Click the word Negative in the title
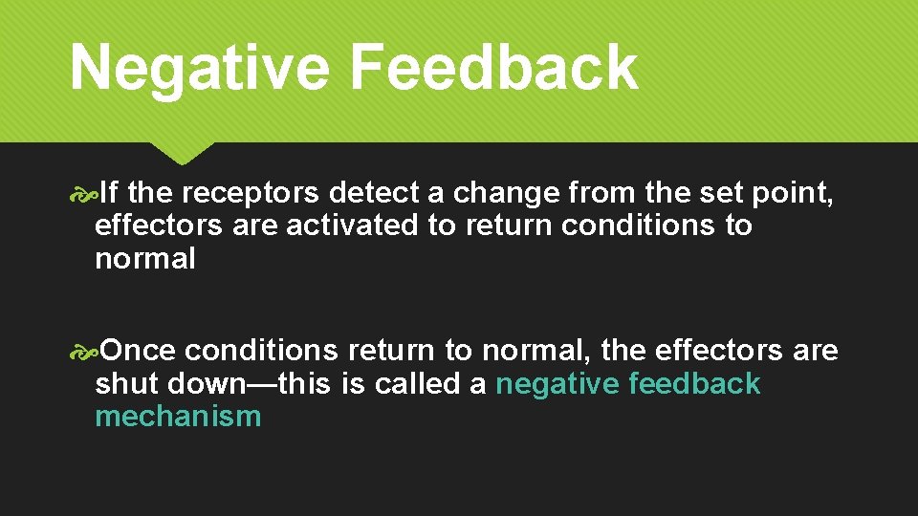199,68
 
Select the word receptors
251,194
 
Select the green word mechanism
178,417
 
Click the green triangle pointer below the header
182,153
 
